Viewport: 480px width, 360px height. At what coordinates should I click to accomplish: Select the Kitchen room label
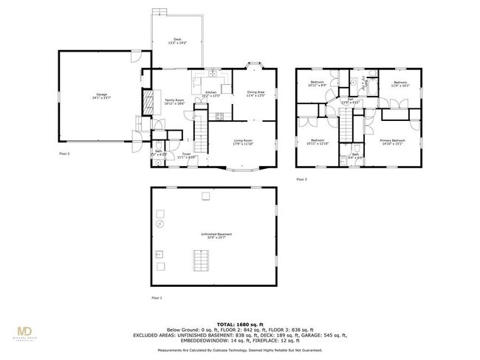point(210,94)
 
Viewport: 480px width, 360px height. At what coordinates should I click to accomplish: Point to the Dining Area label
point(256,93)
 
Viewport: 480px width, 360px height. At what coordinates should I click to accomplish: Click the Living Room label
point(243,142)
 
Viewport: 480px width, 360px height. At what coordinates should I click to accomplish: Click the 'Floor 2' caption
point(64,153)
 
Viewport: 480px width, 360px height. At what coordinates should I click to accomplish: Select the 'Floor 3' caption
point(301,179)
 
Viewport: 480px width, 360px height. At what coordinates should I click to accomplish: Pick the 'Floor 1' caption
point(156,297)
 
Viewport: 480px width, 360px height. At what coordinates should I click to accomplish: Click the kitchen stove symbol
point(219,115)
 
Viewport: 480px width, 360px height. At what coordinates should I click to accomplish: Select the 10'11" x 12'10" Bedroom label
point(318,142)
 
